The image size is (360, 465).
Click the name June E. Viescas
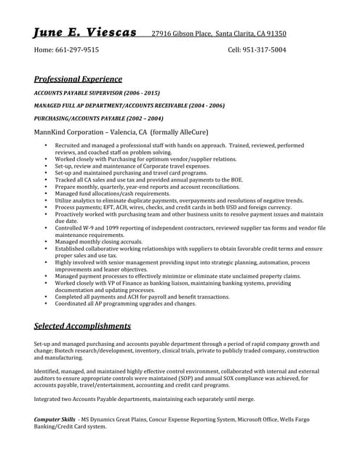[85, 33]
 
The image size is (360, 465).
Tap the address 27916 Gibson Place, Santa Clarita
[218, 33]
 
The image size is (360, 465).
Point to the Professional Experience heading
[78, 79]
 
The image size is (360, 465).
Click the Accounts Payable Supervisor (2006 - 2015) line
[97, 94]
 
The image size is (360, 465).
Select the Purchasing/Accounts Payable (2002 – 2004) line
[98, 118]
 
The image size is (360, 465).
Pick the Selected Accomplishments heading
[82, 326]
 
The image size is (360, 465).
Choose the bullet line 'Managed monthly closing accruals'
[99, 242]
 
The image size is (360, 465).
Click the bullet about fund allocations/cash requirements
[113, 194]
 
